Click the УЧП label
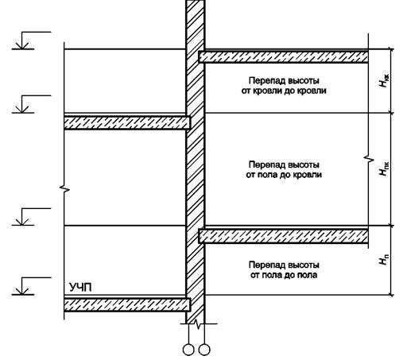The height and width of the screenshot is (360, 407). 80,288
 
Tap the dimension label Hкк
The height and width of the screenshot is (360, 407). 384,81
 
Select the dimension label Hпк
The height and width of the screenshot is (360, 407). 384,168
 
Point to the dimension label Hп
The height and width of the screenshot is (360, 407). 384,260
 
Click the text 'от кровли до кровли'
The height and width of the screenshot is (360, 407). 284,91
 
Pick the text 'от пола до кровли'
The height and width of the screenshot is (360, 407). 284,175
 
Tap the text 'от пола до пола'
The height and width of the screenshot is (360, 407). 284,275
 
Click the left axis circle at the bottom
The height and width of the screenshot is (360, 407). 188,350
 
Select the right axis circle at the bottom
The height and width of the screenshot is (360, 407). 204,350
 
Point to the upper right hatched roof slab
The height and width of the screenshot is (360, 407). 284,56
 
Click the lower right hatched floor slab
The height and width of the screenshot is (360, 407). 284,236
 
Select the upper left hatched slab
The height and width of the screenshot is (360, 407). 127,123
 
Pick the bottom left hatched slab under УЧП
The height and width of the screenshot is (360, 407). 127,304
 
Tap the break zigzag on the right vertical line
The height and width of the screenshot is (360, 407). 369,159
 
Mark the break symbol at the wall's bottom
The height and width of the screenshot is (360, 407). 197,323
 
